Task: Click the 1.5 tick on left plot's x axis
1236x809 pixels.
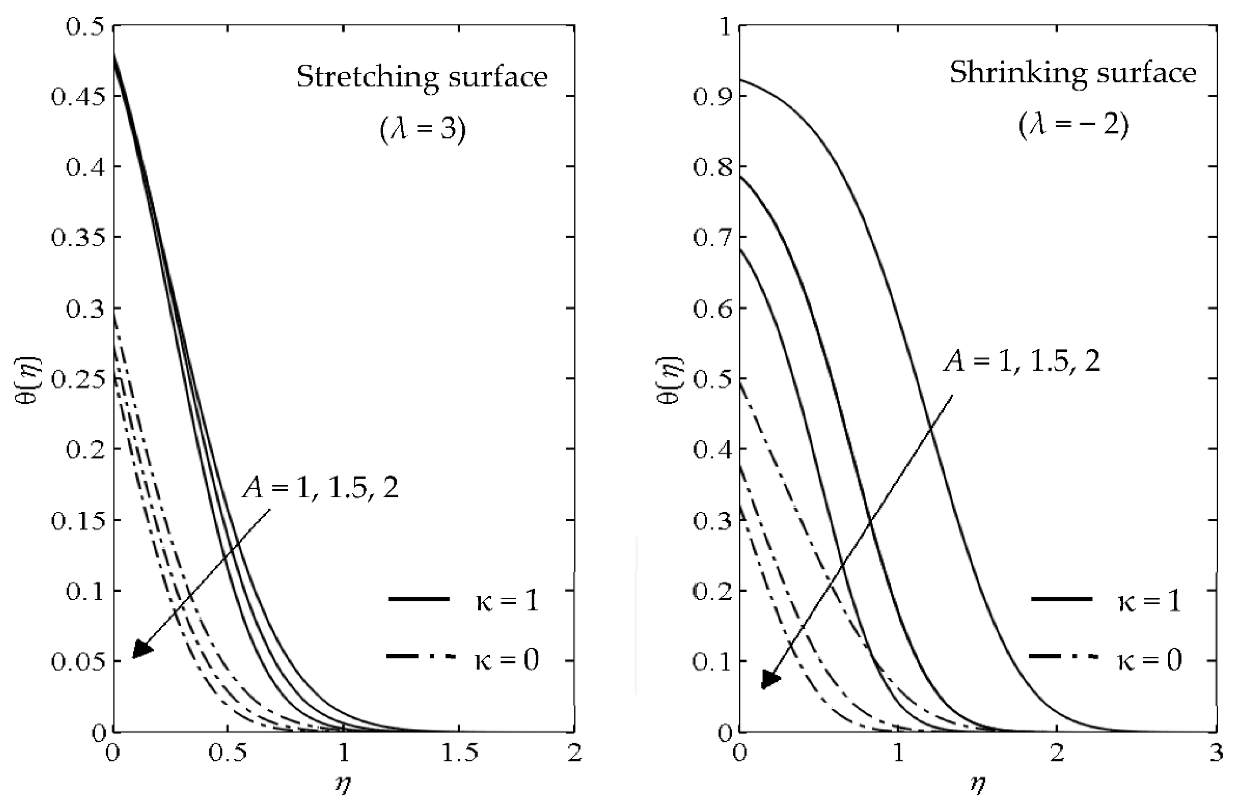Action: pyautogui.click(x=459, y=753)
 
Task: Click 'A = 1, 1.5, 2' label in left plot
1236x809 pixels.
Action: pyautogui.click(x=320, y=489)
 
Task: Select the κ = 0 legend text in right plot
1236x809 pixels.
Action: pyautogui.click(x=1149, y=661)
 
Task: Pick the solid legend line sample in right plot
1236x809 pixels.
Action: pyautogui.click(x=1062, y=599)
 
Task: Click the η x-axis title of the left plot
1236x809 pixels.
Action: pyautogui.click(x=343, y=785)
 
